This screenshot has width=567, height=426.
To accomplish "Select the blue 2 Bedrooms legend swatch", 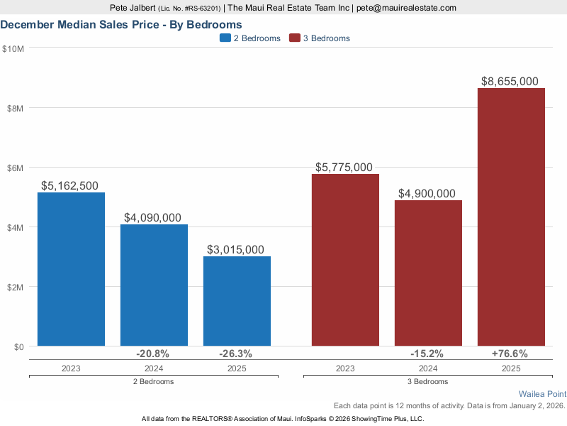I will [225, 38].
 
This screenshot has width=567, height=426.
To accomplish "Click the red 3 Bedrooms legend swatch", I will [295, 38].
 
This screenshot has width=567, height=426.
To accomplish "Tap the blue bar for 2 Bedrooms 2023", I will [71, 270].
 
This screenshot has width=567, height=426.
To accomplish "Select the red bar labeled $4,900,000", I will [428, 273].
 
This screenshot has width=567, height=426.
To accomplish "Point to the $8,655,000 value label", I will [511, 82].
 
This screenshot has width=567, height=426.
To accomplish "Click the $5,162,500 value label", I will [71, 186].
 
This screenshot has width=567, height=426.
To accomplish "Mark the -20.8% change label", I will [154, 354].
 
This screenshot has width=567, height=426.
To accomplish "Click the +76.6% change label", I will [511, 354].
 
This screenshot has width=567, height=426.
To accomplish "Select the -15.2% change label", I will [428, 354].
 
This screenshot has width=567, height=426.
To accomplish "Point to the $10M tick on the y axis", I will [13, 48].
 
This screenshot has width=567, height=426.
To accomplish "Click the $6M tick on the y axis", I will [13, 168].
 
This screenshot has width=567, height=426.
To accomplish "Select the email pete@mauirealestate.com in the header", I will [405, 8].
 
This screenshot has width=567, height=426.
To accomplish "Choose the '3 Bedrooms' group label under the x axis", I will [428, 381].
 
